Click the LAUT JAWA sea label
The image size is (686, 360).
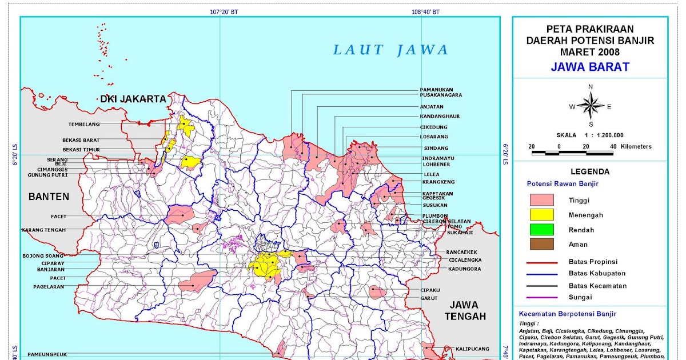click(392, 50)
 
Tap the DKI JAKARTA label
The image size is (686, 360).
click(133, 99)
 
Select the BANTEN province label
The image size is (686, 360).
click(49, 197)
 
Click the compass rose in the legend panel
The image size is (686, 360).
click(591, 106)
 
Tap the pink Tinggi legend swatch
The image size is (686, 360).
click(542, 200)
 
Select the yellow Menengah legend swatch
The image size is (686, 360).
click(542, 215)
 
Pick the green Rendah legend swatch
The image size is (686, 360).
click(542, 230)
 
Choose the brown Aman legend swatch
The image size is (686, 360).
click(542, 245)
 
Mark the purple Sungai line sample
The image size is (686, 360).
click(542, 297)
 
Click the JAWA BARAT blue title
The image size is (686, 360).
click(590, 67)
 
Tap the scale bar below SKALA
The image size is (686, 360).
click(580, 153)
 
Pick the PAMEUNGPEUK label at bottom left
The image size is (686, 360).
click(47, 354)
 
